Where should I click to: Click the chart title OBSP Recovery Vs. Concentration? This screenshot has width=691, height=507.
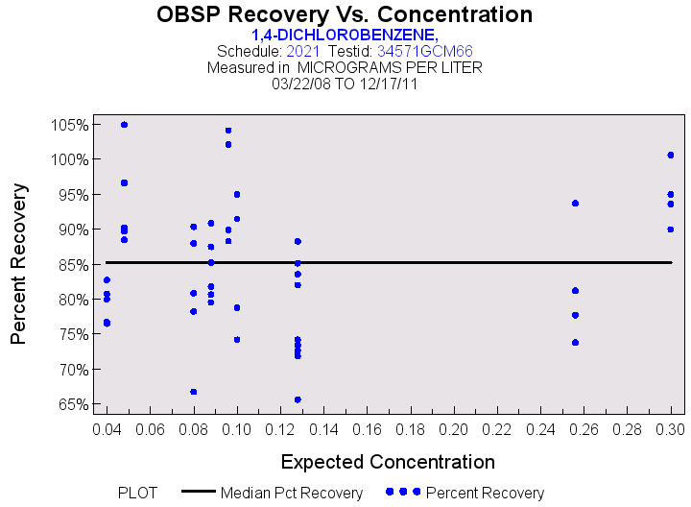(x=345, y=14)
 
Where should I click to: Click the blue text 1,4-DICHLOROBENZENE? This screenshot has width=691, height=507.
(x=345, y=35)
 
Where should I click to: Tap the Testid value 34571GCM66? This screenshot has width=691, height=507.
(x=424, y=51)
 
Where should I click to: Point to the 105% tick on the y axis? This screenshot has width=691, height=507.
(x=71, y=125)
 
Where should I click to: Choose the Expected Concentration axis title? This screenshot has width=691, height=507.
(x=389, y=461)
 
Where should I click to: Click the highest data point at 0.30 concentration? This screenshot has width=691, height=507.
(x=671, y=155)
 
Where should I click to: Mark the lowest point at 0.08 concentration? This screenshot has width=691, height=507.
(x=193, y=392)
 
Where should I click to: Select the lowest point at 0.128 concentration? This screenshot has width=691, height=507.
(x=298, y=399)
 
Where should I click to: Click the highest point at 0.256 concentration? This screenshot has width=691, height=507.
(x=575, y=204)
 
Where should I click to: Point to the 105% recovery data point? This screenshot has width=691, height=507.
(x=124, y=125)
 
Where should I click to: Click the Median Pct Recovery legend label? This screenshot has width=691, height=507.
(x=292, y=494)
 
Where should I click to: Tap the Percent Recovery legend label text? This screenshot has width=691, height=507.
(x=485, y=494)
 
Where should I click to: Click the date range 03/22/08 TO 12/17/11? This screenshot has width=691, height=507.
(x=345, y=84)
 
